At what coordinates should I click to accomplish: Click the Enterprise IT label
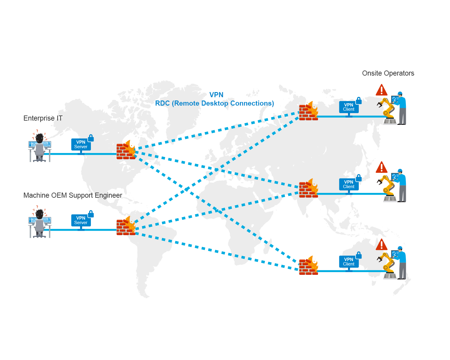[x=43, y=118]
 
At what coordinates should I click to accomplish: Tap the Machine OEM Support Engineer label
[x=73, y=195]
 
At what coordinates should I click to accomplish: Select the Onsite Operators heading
[x=388, y=73]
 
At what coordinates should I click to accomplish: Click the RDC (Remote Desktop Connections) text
[x=214, y=103]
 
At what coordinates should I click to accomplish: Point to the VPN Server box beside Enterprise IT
[x=81, y=144]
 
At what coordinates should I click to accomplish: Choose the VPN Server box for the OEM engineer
[x=81, y=220]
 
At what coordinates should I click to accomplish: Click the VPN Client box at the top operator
[x=349, y=107]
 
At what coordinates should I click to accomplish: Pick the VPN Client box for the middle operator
[x=349, y=184]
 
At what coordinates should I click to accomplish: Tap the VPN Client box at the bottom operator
[x=349, y=262]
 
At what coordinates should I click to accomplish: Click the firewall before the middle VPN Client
[x=308, y=189]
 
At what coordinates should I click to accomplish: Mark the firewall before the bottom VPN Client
[x=308, y=266]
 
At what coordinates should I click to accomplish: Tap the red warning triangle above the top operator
[x=382, y=90]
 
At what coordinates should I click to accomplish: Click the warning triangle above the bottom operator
[x=382, y=245]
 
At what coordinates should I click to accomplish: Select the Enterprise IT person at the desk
[x=40, y=147]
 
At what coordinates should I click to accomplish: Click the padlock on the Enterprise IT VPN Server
[x=91, y=138]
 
